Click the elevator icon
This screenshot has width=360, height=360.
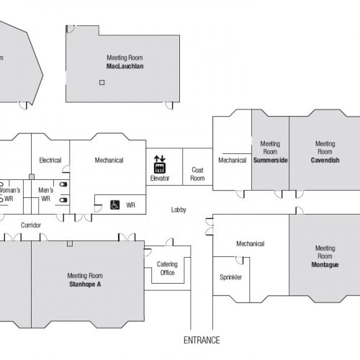[160, 165]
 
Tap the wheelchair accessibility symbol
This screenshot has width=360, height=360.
[114, 205]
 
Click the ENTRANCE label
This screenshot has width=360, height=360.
[202, 340]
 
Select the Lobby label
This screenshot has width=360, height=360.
[179, 210]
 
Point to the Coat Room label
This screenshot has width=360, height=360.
[197, 174]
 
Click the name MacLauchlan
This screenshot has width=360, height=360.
[125, 66]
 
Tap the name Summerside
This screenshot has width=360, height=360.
[271, 161]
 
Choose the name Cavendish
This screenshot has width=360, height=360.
[325, 161]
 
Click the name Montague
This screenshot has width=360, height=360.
[325, 265]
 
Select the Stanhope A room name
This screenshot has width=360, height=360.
[85, 284]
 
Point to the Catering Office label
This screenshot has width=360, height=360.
[167, 269]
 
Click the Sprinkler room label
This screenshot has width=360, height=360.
[231, 277]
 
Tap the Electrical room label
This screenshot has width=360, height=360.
[50, 160]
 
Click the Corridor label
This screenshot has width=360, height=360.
[31, 225]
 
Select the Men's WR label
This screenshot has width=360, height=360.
[46, 194]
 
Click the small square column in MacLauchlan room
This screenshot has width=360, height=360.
[102, 82]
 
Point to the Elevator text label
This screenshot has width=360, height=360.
[160, 178]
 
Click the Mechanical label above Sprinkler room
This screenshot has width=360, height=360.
[251, 244]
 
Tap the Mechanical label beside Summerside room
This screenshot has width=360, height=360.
[233, 161]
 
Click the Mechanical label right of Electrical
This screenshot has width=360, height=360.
[109, 160]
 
